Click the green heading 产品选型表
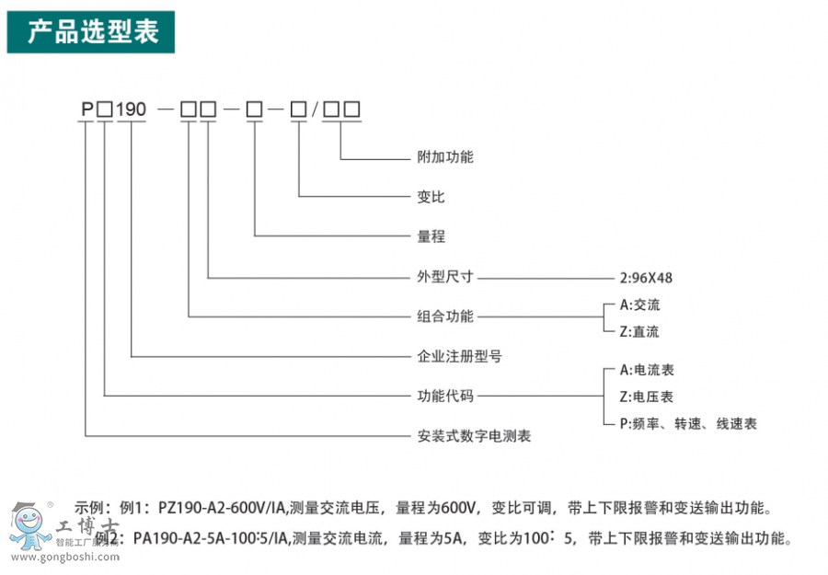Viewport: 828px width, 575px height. point(92,32)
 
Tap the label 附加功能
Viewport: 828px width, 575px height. point(445,157)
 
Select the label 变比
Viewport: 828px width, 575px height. point(431,197)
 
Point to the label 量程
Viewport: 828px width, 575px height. point(431,236)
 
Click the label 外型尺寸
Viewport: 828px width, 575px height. point(445,276)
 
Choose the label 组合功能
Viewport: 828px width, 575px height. point(445,316)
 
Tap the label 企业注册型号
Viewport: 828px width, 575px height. point(459,356)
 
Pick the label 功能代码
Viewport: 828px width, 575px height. point(445,397)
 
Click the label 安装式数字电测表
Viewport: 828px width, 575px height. point(474,436)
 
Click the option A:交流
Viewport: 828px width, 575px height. point(639,305)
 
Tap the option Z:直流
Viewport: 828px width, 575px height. point(639,331)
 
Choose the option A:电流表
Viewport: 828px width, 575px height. point(647,370)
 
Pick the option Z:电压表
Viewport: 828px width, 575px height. point(647,397)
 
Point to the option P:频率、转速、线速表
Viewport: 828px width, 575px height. point(688,423)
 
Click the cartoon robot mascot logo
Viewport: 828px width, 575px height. point(30,529)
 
